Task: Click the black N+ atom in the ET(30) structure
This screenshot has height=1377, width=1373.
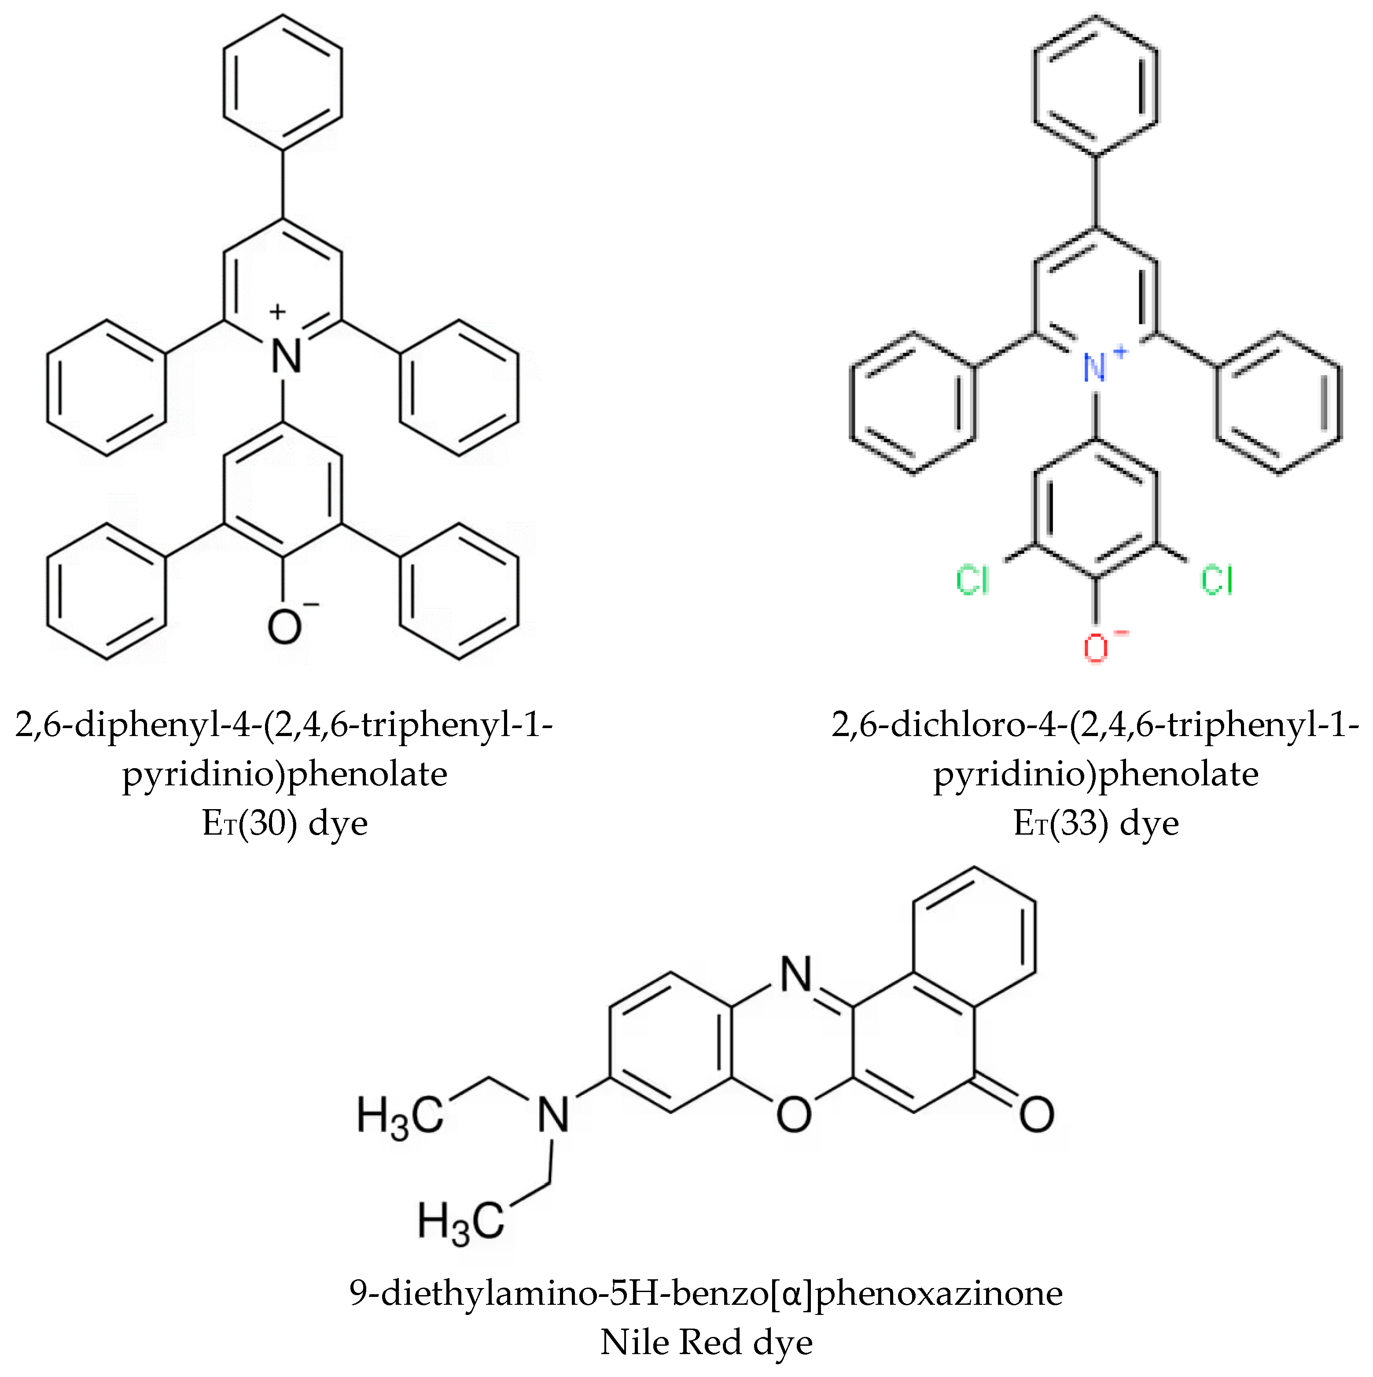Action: coord(286,354)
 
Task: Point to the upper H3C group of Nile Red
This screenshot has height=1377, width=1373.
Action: coord(400,1116)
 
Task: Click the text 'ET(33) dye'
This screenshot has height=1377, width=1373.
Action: coord(1096,823)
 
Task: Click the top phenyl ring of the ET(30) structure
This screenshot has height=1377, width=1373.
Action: coord(283,82)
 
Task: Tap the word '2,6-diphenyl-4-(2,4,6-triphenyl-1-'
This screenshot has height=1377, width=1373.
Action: coord(284,725)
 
